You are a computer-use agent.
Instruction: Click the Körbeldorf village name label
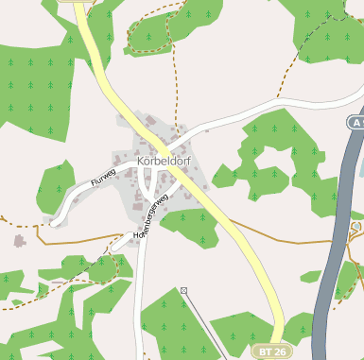166,162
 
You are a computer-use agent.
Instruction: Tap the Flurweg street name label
102,177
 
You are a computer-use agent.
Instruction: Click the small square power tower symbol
183,290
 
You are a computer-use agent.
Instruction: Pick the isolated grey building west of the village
19,241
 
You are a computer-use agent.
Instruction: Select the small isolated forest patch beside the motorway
311,277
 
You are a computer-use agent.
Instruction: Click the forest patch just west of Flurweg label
55,184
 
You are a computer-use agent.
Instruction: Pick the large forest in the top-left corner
33,85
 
